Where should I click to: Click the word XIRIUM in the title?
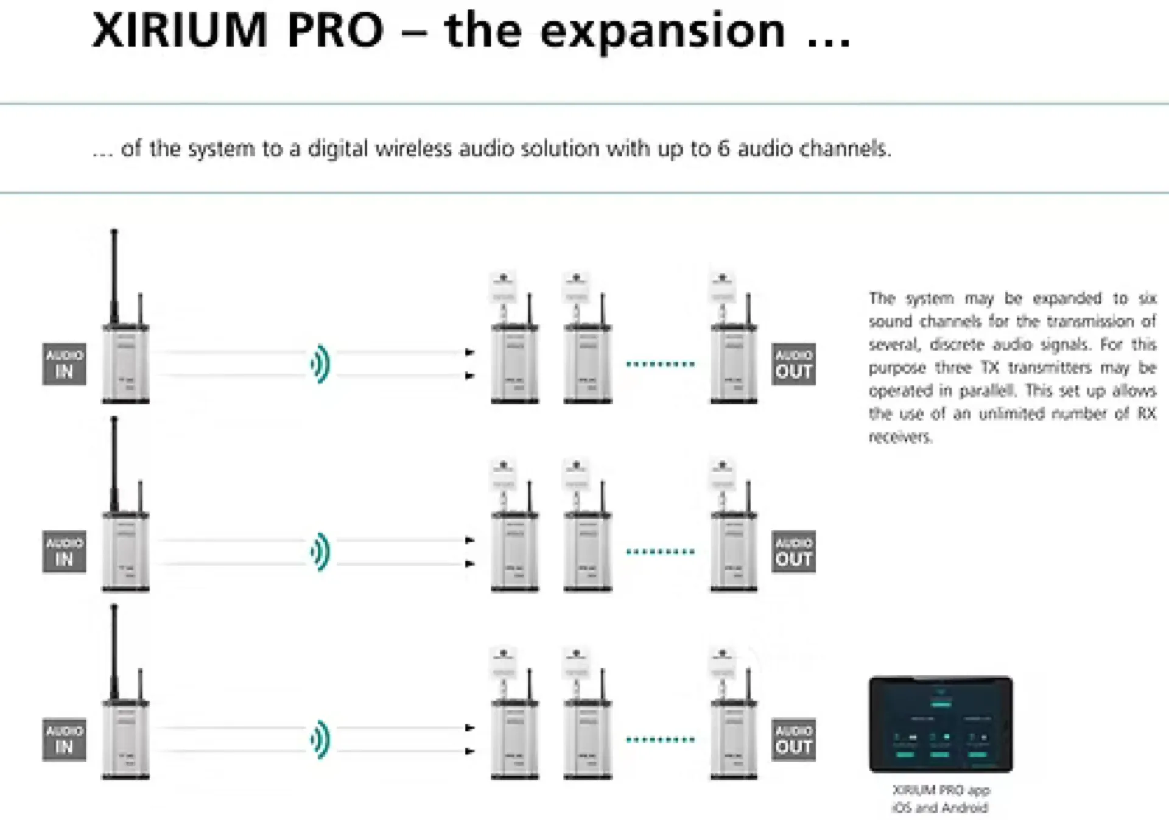tap(180, 30)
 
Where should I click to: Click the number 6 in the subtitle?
tap(723, 149)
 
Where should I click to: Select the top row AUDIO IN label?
tap(65, 364)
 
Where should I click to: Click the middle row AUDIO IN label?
tap(65, 552)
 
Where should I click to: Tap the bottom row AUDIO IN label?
tap(65, 739)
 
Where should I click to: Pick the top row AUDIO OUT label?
tap(794, 364)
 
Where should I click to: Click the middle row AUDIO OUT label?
tap(794, 552)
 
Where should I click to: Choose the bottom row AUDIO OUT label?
tap(794, 739)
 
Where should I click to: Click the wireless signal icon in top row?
tap(320, 364)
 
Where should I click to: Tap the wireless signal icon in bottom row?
tap(320, 739)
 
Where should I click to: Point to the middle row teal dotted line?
tap(660, 552)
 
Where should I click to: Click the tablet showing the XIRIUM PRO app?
tap(941, 724)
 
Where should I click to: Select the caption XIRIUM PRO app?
tap(941, 790)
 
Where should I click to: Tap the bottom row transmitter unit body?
tap(125, 740)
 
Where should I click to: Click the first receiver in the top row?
tap(514, 364)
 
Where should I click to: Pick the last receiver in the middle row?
tap(734, 552)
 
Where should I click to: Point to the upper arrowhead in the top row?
tap(469, 352)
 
